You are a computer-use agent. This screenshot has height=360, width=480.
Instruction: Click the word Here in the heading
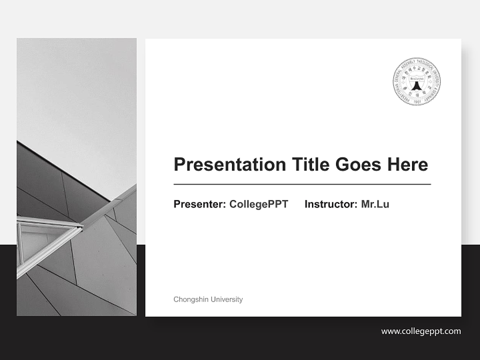pyautogui.click(x=408, y=164)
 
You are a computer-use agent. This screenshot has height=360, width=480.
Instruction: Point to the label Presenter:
pyautogui.click(x=199, y=204)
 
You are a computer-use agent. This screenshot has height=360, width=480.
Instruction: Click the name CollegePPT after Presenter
pyautogui.click(x=258, y=204)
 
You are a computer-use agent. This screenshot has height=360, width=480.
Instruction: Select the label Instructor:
pyautogui.click(x=330, y=204)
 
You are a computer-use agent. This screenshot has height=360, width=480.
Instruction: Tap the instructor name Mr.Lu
pyautogui.click(x=375, y=204)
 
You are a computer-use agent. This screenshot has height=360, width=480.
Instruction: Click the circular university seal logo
pyautogui.click(x=416, y=81)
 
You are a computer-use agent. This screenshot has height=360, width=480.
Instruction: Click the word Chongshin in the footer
pyautogui.click(x=191, y=299)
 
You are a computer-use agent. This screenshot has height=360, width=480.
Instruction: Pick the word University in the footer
pyautogui.click(x=226, y=299)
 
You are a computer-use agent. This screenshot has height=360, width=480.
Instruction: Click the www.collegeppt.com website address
pyautogui.click(x=421, y=331)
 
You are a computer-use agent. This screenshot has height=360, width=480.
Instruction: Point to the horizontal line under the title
pyautogui.click(x=302, y=184)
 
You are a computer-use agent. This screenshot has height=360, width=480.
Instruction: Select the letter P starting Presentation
pyautogui.click(x=179, y=164)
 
